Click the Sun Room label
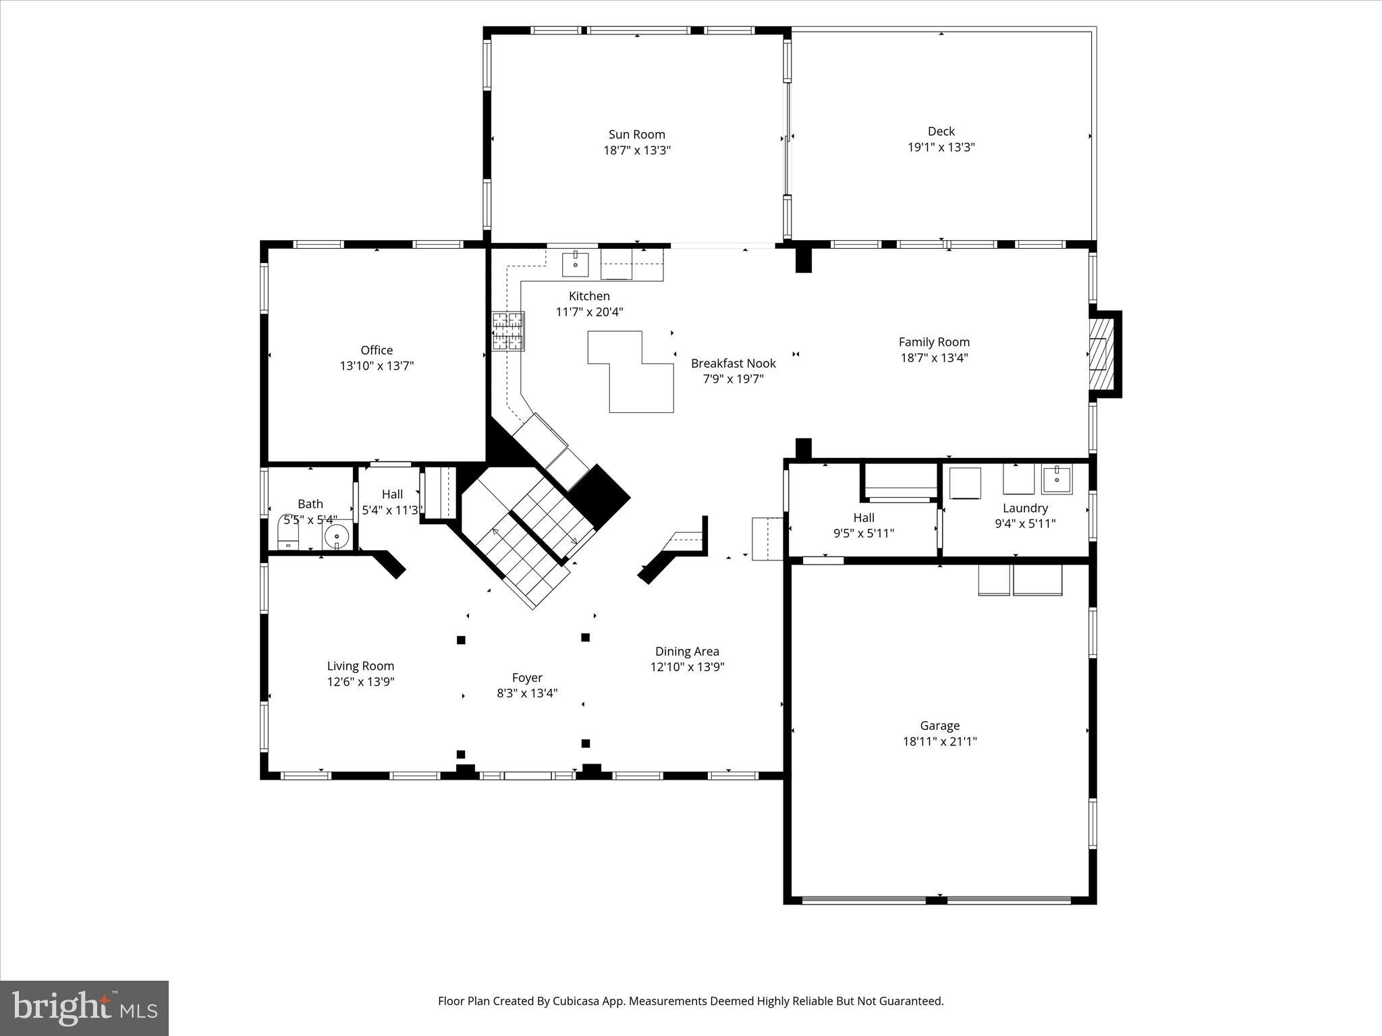(636, 134)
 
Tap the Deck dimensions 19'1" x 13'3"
(941, 147)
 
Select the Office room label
(377, 350)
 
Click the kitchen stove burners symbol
(508, 330)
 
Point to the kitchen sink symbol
(576, 264)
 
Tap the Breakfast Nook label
(733, 364)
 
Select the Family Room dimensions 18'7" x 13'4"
(934, 358)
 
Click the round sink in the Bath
(337, 537)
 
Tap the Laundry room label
(1025, 508)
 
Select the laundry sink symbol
(1056, 480)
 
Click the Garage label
(939, 726)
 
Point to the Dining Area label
(687, 651)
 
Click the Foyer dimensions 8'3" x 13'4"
(527, 693)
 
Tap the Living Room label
(360, 666)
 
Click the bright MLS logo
(84, 1008)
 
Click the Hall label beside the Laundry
(864, 517)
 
